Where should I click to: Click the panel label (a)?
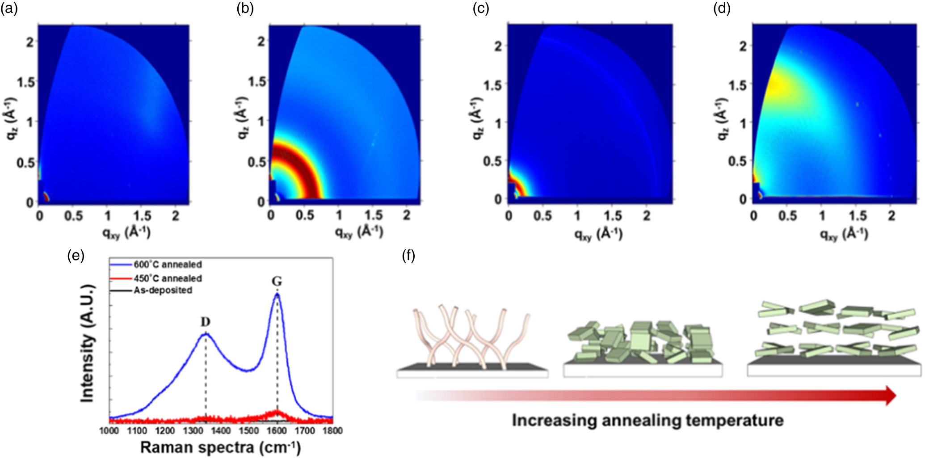pos(9,8)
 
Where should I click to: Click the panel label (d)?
pos(722,8)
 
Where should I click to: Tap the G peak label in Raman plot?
pos(277,281)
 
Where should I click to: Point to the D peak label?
pos(205,322)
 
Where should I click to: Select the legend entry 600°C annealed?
pos(168,265)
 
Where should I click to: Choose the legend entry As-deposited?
pos(163,291)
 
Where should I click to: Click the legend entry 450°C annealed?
pos(168,278)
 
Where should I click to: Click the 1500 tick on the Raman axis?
pos(249,431)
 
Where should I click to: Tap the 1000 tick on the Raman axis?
pos(109,431)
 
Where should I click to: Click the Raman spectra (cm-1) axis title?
pos(220,447)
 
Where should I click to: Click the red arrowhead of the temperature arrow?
pos(890,396)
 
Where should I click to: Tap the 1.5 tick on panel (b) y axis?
pos(256,81)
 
